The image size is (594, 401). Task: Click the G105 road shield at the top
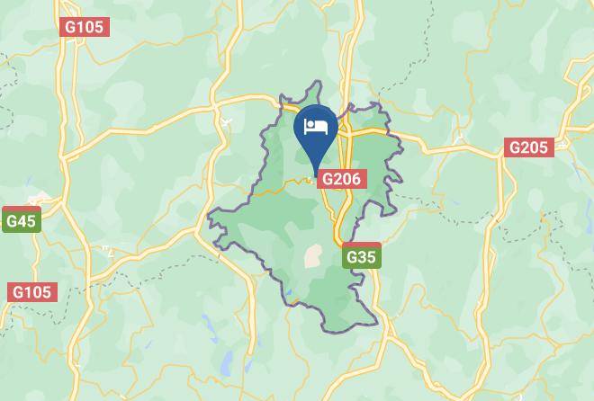point(85,27)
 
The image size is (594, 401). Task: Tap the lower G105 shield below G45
point(32,292)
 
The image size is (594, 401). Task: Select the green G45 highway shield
point(21,220)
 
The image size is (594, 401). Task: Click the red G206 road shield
point(341,179)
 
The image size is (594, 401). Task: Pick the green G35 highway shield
point(361,257)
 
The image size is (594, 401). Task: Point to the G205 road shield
point(528,147)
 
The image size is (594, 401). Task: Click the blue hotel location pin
point(315,131)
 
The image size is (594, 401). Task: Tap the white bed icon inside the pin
point(315,127)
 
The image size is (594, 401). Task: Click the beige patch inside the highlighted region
point(313,256)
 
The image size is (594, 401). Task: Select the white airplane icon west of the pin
point(225,120)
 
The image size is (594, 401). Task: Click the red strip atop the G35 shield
point(361,245)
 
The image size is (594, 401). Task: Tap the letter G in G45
point(11,221)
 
